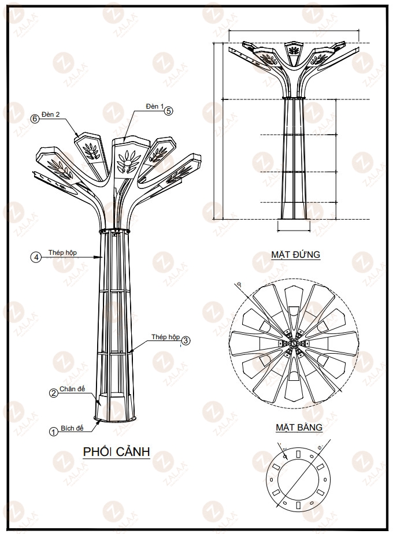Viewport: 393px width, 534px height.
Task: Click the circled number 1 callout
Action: (53, 431)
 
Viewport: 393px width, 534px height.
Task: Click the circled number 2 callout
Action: (53, 393)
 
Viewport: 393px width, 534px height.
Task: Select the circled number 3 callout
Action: (186, 340)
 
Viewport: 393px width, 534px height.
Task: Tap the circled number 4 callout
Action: (35, 258)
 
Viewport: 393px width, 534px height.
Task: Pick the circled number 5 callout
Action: (168, 112)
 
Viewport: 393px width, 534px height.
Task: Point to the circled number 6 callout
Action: (35, 118)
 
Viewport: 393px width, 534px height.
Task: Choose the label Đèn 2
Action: (51, 114)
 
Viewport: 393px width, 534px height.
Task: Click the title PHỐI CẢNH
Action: (117, 451)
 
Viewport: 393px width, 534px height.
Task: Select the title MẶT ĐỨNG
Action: (295, 254)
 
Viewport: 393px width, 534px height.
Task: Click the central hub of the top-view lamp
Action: (294, 344)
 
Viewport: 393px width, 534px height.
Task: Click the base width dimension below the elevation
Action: (294, 229)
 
